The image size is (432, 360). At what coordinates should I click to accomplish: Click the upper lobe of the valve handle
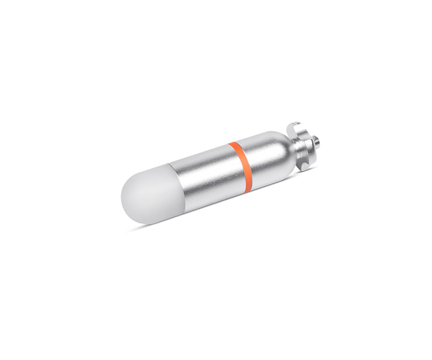pos(296,128)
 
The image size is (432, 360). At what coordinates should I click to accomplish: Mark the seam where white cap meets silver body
pos(174,188)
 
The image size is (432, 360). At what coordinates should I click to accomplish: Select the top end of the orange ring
pos(233,145)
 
